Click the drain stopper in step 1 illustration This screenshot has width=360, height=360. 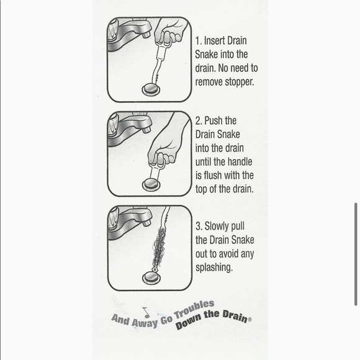coord(151,90)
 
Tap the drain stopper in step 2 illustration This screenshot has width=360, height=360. coord(151,184)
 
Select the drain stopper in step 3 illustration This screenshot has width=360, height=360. coord(151,278)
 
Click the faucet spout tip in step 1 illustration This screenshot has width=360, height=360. coord(146,35)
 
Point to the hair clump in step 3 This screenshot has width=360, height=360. coord(159,248)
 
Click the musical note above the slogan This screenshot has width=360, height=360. coord(146,312)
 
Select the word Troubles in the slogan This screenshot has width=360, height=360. coord(194,309)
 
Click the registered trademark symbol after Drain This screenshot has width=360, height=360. coord(250,319)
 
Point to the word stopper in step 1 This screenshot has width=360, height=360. coord(240,82)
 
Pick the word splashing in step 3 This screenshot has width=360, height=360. coord(214,268)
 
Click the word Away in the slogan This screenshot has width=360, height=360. coord(145,323)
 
